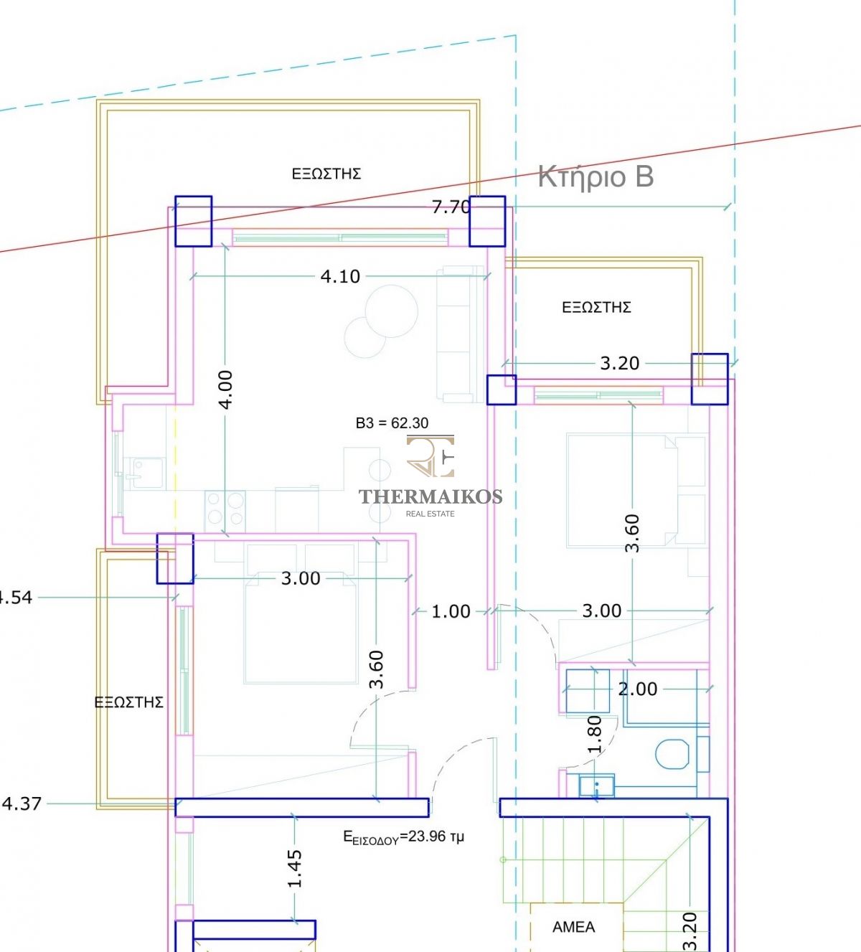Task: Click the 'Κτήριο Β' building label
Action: [596, 177]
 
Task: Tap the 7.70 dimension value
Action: [451, 207]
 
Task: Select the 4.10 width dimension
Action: [340, 276]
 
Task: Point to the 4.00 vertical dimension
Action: [227, 390]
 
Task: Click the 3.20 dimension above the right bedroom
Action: [620, 364]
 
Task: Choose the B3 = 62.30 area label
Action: [392, 423]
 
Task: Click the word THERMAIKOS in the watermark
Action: [430, 497]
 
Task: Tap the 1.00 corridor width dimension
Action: [451, 612]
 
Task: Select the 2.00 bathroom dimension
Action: [637, 689]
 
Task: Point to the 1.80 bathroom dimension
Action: [594, 735]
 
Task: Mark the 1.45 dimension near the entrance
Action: [294, 869]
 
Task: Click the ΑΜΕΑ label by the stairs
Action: [574, 927]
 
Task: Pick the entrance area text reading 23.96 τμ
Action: [403, 836]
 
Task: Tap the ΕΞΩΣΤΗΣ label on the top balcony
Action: [326, 174]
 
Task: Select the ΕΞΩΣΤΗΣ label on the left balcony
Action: [129, 702]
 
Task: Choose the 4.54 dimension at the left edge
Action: [16, 598]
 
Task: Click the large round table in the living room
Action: [392, 311]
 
